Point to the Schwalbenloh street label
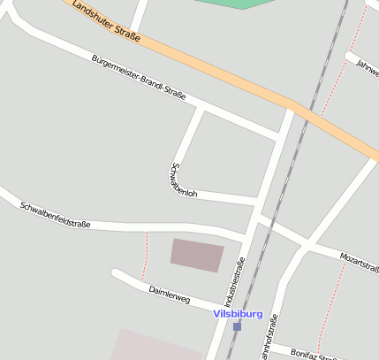point(184,179)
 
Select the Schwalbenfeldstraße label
point(56,215)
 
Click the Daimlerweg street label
point(169,295)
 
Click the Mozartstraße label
point(360,260)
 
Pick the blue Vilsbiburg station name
point(238,313)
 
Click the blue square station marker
point(237,326)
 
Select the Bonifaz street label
point(314,353)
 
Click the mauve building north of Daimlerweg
point(196,255)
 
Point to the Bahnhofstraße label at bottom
point(262,341)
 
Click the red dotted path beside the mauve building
point(145,257)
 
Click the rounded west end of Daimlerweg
point(115,273)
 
